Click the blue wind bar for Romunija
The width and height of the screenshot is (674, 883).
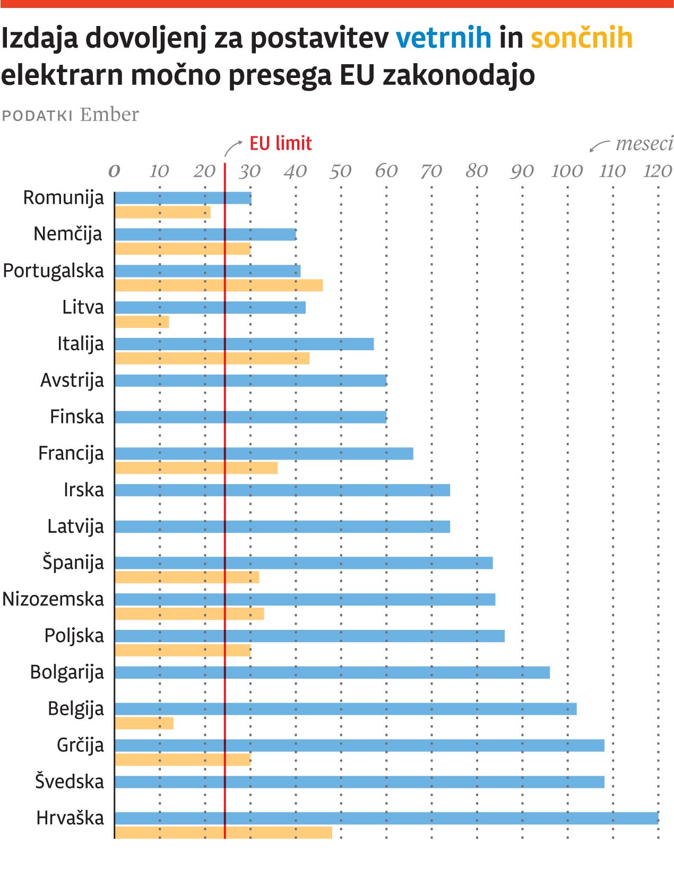pos(183,198)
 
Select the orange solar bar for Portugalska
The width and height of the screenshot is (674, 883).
pos(219,285)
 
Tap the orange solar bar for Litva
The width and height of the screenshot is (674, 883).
pos(142,322)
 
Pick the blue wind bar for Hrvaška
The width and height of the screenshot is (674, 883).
pos(386,818)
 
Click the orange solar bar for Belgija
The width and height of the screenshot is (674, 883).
pos(144,723)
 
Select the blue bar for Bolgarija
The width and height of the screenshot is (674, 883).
pos(332,673)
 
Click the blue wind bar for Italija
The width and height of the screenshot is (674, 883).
pos(244,344)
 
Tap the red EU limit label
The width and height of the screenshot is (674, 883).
pos(280,144)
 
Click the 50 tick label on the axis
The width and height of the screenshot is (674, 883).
pos(340,171)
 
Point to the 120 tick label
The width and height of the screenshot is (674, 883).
pos(657,171)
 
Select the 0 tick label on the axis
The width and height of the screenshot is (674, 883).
pos(114,171)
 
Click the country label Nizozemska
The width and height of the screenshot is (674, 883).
pos(53,599)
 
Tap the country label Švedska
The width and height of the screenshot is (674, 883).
pos(70,782)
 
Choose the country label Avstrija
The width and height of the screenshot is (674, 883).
pos(72,380)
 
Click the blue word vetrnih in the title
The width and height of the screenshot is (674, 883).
pos(444,38)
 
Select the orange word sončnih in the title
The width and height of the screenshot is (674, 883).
pos(582,38)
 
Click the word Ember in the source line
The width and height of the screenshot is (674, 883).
pos(109,115)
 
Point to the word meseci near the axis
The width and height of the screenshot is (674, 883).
pos(644,144)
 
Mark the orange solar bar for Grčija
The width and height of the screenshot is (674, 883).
pos(183,760)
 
